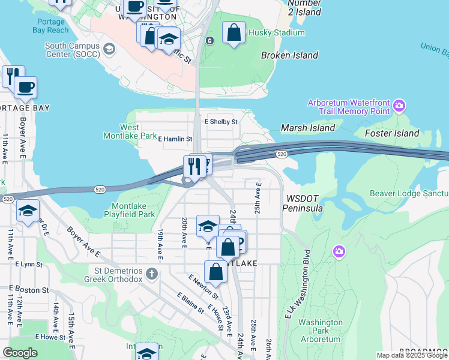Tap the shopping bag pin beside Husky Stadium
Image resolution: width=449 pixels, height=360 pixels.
pos(234,32)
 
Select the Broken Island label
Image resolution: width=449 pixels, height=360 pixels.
pos(289,55)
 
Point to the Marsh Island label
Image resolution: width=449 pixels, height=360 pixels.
pos(308,128)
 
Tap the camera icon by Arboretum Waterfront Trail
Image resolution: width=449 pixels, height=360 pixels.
pos(400,107)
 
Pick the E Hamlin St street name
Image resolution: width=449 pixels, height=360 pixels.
pos(175,139)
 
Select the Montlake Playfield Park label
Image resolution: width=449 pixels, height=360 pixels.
pos(129,209)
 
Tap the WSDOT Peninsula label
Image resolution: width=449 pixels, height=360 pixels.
pos(305,203)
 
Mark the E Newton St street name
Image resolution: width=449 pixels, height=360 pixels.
pos(202,287)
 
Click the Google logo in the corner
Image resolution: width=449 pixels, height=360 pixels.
pos(20,353)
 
